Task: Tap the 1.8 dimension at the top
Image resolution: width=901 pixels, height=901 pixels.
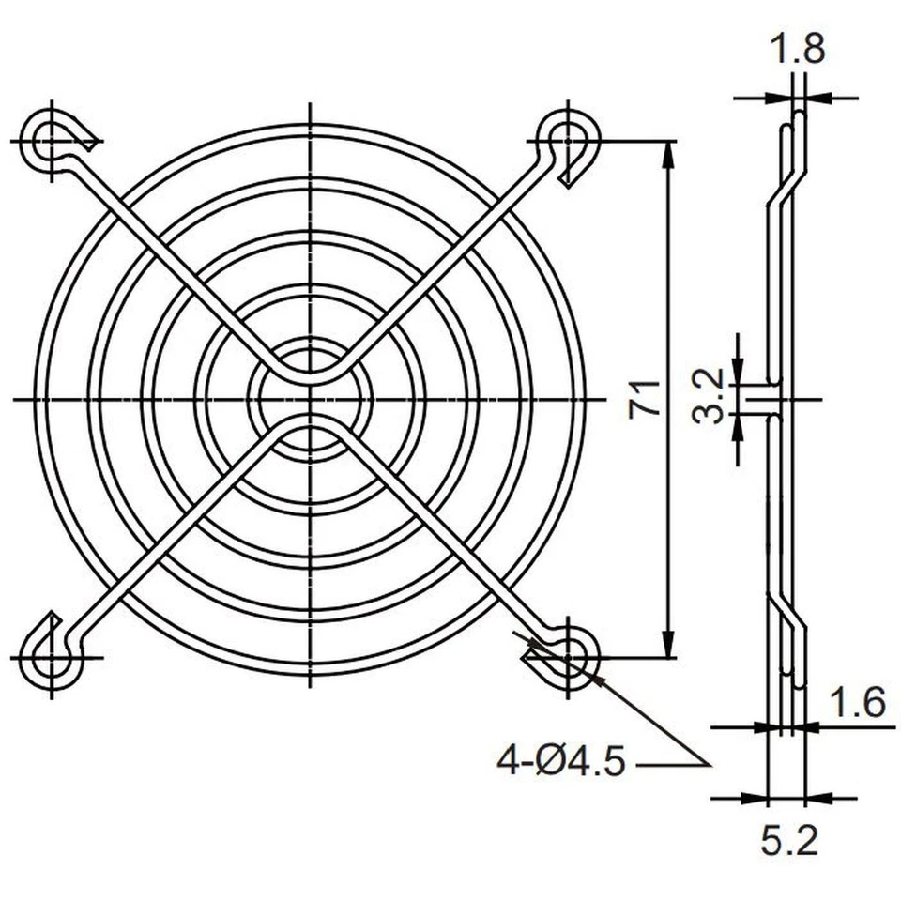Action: (797, 49)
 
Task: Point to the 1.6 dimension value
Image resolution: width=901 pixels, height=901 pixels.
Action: (858, 701)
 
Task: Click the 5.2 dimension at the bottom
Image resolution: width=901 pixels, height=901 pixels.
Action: (788, 842)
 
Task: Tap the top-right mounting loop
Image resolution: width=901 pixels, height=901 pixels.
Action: (570, 142)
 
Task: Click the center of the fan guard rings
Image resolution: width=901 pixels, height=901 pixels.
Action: (311, 400)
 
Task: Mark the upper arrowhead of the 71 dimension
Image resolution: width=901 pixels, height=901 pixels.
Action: (668, 155)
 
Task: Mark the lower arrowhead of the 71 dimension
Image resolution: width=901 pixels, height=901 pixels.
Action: (668, 646)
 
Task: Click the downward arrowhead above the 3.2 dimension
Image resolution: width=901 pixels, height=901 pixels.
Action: (740, 370)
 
